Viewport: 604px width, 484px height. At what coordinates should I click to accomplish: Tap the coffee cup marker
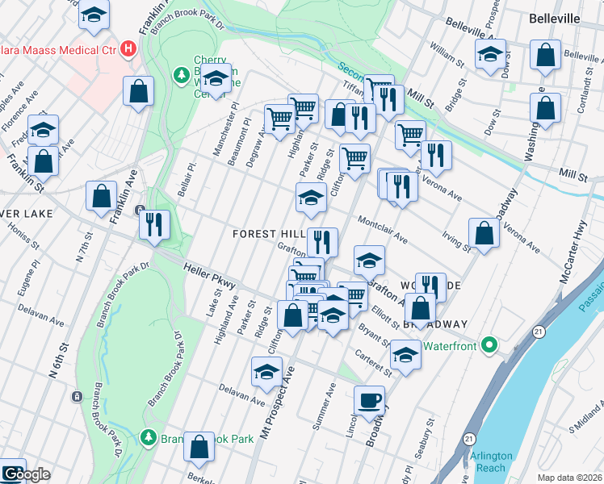[370, 399]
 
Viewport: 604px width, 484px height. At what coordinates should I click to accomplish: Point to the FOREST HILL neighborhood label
[268, 233]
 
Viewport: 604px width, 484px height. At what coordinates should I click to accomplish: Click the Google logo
[26, 474]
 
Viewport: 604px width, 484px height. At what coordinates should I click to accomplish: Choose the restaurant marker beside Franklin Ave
[154, 223]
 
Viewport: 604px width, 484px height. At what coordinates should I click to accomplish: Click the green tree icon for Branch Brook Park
[149, 437]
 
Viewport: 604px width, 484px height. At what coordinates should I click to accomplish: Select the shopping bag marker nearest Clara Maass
[139, 90]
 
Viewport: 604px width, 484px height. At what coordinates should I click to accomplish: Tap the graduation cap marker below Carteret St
[405, 354]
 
